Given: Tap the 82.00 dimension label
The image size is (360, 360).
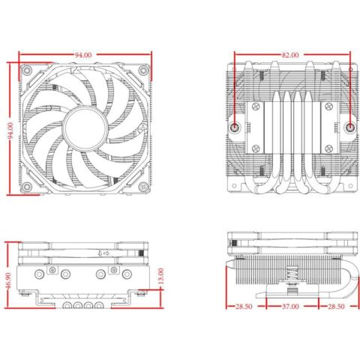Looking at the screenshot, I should click(x=290, y=55).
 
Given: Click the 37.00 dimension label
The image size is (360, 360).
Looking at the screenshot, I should click(x=290, y=307).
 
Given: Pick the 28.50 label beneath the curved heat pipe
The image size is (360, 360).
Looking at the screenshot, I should click(x=334, y=307).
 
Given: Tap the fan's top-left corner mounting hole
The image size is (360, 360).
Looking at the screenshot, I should click(x=27, y=73).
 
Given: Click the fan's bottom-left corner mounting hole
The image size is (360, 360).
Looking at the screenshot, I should click(x=27, y=185).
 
